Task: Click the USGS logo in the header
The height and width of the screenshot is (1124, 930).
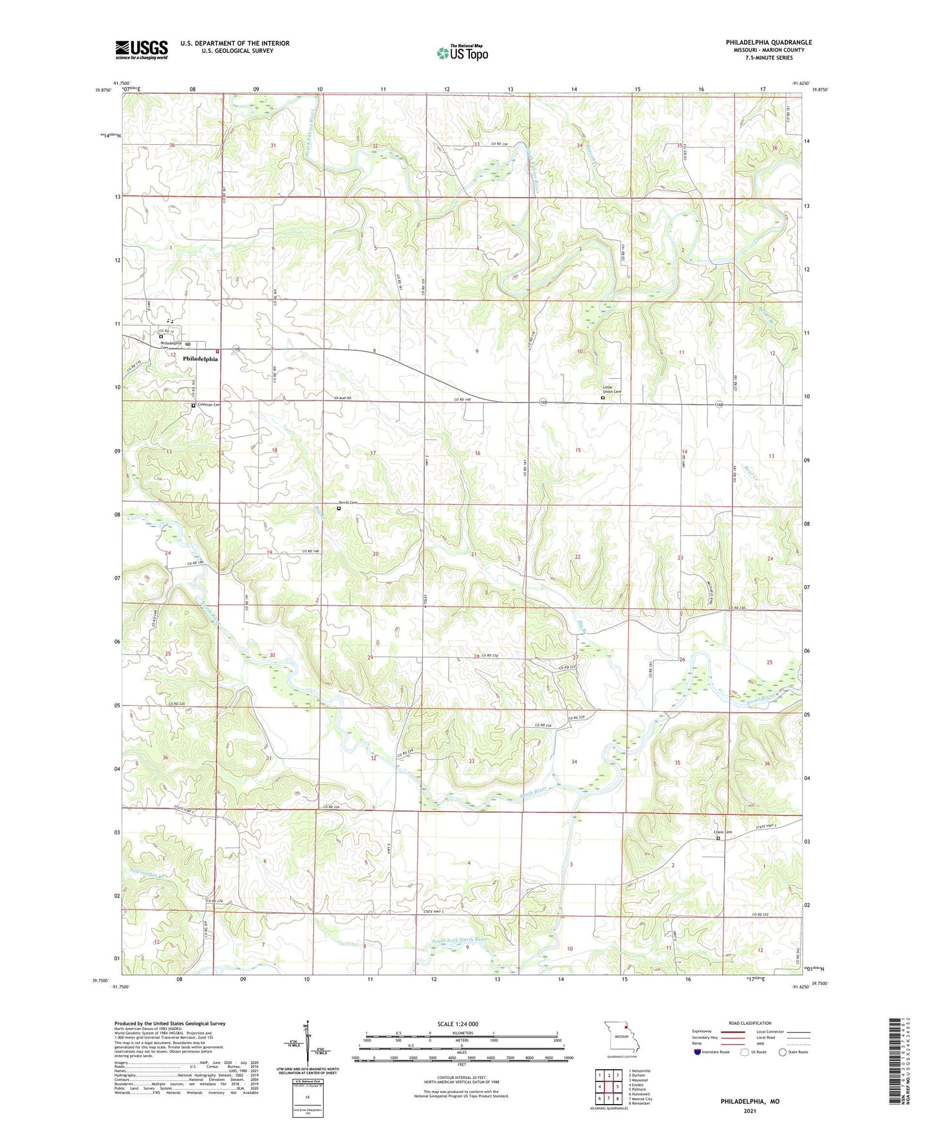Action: coord(142,50)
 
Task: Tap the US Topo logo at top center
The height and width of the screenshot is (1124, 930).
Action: coord(461,53)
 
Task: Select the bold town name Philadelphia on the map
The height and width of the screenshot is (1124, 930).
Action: coord(200,359)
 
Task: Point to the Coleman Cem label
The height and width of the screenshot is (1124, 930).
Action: coord(209,404)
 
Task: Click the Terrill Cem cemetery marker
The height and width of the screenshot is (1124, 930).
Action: coord(339,508)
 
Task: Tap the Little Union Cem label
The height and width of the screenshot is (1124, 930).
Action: coord(611,389)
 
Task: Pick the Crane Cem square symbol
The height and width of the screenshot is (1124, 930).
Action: coord(718,838)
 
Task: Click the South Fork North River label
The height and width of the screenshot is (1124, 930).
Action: coord(459,941)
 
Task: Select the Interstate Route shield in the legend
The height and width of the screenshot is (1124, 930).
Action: coord(697,1052)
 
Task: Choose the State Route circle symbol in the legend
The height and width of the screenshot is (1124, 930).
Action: coord(782,1052)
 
